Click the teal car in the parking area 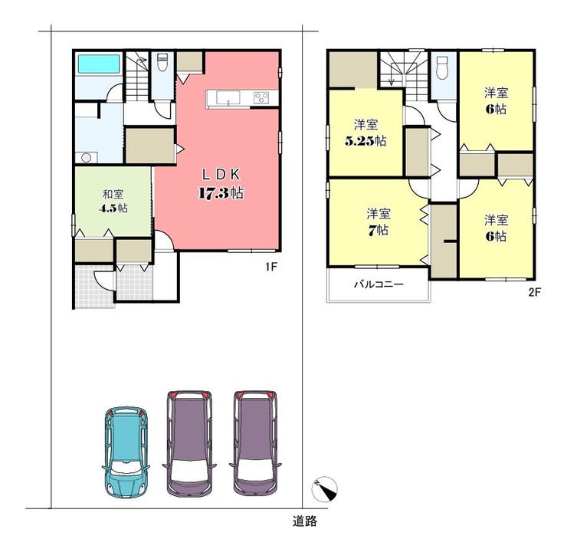pos(126,452)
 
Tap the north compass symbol pos(324,489)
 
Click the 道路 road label pos(305,521)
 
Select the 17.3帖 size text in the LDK pos(221,192)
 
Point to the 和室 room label pos(113,194)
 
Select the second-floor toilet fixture pos(442,67)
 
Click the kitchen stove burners pos(261,97)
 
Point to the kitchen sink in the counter pos(228,98)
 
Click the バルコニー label pos(379,284)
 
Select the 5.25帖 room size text pos(365,140)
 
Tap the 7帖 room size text pos(379,230)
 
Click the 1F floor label pos(271,268)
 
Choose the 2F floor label pos(535,292)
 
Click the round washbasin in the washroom pos(87,158)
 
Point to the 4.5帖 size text pos(113,209)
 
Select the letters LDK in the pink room pos(221,175)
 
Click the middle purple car pos(189,443)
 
